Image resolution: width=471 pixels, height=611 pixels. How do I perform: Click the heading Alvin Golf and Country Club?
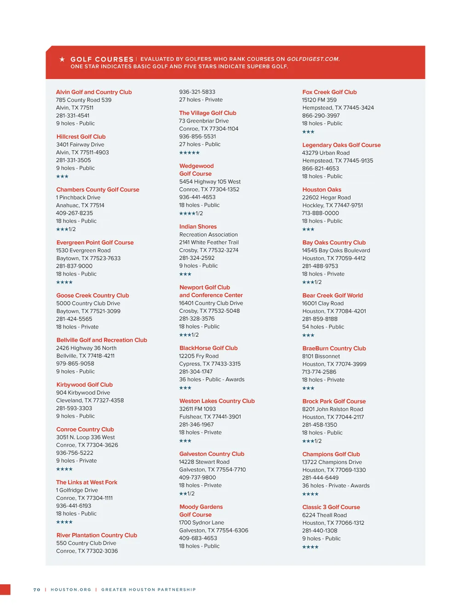(94, 92)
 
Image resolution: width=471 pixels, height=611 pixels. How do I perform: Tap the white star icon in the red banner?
(62, 59)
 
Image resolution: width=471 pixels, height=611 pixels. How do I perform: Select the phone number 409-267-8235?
(75, 213)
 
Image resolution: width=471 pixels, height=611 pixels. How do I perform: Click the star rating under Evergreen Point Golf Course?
(64, 282)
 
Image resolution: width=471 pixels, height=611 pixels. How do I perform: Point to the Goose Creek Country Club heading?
(92, 295)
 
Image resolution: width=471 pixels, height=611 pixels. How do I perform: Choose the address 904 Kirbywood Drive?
(83, 393)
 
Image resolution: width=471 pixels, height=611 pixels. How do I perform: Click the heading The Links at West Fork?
(86, 482)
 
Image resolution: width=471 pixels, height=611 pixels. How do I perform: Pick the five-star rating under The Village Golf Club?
(190, 153)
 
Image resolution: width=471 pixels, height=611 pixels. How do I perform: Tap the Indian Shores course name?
(198, 226)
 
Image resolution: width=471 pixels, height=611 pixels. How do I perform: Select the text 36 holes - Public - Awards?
(212, 379)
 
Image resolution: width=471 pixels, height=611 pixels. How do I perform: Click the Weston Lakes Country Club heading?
(217, 401)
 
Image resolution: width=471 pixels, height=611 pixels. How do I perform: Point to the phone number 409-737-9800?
(197, 477)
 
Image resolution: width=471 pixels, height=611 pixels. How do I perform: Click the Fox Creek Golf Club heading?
(329, 92)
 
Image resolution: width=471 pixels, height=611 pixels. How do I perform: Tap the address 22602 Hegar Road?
(326, 198)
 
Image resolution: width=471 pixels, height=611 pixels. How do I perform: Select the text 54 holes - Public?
(323, 327)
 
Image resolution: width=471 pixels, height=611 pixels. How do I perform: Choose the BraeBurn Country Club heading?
(334, 348)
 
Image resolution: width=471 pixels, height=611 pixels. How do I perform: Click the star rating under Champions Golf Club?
(310, 494)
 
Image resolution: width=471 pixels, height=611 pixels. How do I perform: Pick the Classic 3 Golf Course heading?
(331, 507)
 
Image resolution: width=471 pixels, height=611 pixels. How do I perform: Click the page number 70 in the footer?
(37, 589)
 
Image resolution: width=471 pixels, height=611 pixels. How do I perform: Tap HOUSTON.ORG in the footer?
(71, 589)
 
